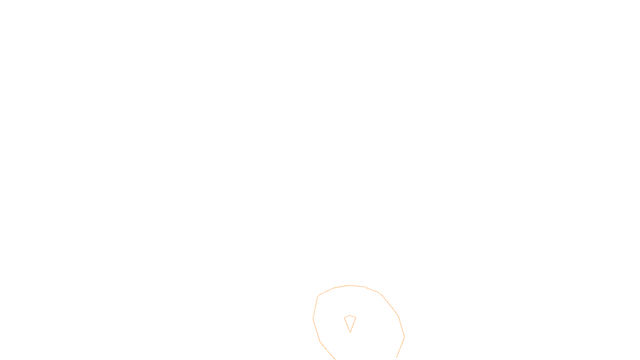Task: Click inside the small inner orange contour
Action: point(350,322)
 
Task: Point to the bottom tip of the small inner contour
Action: point(350,332)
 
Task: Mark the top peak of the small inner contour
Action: point(350,316)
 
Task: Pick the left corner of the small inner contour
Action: point(344,318)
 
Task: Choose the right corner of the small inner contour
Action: point(356,318)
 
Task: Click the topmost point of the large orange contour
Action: point(349,285)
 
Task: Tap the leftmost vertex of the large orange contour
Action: point(313,319)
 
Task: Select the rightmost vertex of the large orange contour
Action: point(404,337)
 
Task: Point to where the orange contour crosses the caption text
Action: point(331,353)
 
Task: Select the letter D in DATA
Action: point(334,353)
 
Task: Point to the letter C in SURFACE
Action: point(326,353)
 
